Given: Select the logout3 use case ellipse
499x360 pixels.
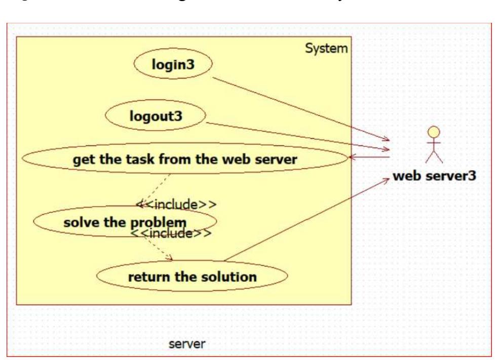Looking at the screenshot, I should (155, 116).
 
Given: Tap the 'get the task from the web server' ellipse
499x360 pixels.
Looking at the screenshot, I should (184, 159).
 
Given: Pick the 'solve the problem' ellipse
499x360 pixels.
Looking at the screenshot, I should (125, 222).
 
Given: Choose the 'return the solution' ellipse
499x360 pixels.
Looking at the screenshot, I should (192, 276).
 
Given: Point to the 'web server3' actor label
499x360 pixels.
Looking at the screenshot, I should (433, 177).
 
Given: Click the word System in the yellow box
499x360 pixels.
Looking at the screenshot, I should (326, 49).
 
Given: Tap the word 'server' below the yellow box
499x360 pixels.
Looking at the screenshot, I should (187, 344).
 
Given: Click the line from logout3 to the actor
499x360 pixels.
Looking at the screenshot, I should (299, 136).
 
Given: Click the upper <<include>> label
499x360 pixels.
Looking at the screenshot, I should (176, 205).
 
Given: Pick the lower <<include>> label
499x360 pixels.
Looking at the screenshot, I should (171, 233).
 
